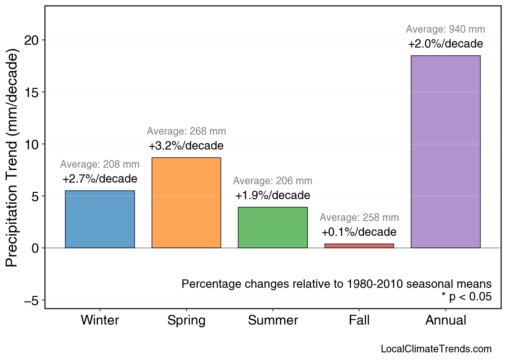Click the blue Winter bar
[100, 219]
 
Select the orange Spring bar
[186, 203]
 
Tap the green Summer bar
[273, 227]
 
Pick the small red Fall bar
[359, 246]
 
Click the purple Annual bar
[445, 152]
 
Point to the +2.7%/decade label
[100, 179]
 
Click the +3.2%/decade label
[186, 146]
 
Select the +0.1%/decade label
[359, 232]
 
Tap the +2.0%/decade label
[445, 44]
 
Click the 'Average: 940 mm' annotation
[445, 29]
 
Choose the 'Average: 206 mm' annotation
[273, 181]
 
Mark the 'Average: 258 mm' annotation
[359, 218]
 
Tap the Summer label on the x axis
[273, 320]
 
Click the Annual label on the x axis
[445, 320]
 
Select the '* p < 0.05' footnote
[466, 297]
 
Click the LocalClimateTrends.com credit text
[436, 349]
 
